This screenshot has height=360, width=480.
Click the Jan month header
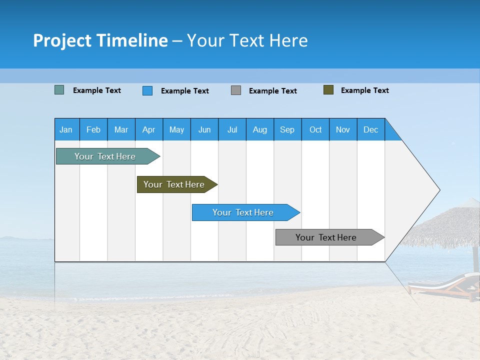pos(66,129)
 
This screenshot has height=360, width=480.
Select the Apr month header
pos(149,129)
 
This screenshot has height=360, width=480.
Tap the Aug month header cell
pos(260,129)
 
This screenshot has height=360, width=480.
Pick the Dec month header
pos(371,129)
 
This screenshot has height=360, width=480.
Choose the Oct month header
pos(315,129)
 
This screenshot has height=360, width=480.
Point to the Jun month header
pos(204,129)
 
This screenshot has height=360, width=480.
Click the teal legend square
pos(59,90)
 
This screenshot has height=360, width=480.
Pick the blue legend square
pos(147,90)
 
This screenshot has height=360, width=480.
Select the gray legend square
pos(236,90)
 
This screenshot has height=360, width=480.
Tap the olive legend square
pos(328,90)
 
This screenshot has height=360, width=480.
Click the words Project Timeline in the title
pos(100,40)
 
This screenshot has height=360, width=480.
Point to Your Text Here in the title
pos(247,40)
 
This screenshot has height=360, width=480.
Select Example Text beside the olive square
pos(364,90)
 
